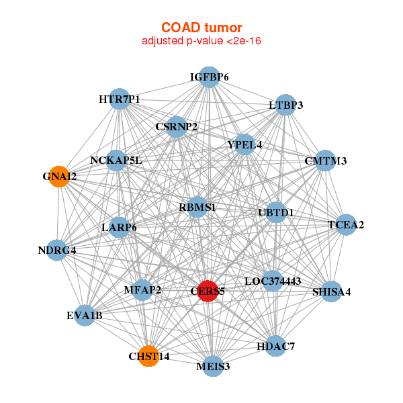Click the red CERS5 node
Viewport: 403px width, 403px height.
[208, 292]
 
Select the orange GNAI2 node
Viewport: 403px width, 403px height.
[59, 177]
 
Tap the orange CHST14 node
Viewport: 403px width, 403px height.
[148, 356]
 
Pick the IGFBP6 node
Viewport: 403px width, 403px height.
[210, 77]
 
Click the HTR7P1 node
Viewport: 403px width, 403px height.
[120, 99]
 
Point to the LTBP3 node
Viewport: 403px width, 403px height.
[285, 105]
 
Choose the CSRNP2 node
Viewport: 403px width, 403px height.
[176, 127]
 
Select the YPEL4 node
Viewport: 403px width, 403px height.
[244, 144]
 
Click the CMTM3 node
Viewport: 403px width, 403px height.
[325, 161]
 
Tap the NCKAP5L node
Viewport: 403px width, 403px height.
[116, 161]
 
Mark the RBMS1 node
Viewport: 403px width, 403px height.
[197, 207]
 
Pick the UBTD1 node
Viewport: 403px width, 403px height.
[276, 212]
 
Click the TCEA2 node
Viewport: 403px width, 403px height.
[346, 224]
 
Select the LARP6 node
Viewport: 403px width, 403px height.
[120, 228]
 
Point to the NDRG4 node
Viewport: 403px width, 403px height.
[57, 250]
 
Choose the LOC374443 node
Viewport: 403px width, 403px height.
[273, 281]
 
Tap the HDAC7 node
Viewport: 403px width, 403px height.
[275, 346]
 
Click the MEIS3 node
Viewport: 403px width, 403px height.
[213, 366]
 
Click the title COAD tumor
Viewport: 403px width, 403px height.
[201, 28]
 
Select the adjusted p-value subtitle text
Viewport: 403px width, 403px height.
[201, 41]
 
